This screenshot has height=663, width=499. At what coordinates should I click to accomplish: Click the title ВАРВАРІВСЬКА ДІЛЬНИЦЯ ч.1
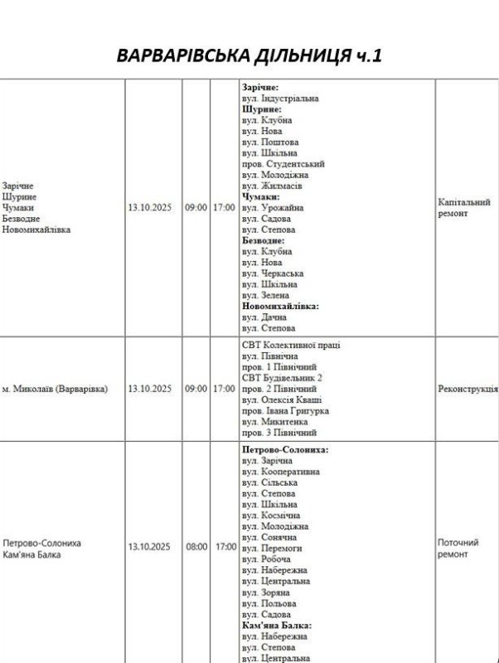(249, 56)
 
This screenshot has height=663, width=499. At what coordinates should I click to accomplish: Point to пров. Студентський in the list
(283, 164)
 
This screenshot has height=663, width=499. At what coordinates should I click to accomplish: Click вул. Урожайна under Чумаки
(273, 208)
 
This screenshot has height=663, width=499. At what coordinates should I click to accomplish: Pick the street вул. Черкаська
(273, 273)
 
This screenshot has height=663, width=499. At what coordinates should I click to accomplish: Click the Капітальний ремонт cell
(463, 207)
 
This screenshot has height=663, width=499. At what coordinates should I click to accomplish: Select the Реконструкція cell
(468, 388)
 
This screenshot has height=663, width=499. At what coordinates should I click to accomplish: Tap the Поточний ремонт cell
(458, 548)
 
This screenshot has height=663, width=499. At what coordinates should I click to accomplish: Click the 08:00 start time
(196, 548)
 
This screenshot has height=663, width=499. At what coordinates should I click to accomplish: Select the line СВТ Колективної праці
(291, 345)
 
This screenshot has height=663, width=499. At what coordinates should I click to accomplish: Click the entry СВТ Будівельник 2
(281, 378)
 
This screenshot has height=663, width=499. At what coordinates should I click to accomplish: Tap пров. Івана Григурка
(285, 410)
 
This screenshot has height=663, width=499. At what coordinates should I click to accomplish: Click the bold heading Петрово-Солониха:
(285, 450)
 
